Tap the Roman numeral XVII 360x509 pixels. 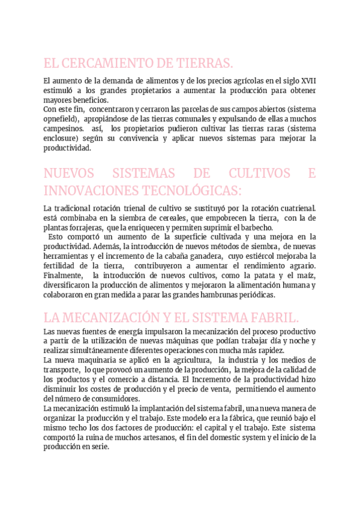point(306,80)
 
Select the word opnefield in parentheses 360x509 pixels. point(61,119)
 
